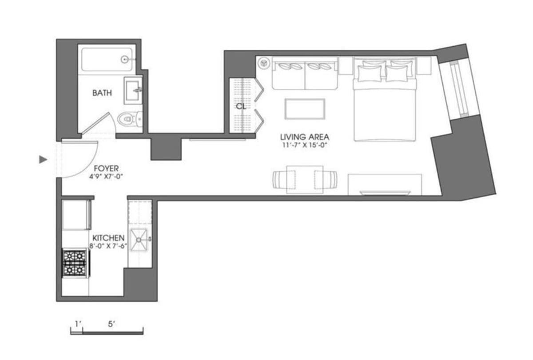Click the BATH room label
coord(102,93)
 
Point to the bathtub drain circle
coord(126,59)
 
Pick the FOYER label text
coord(106,169)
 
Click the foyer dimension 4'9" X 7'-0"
coord(106,176)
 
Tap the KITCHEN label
coord(108,238)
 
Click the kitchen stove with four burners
coord(75,263)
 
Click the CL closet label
coord(241,107)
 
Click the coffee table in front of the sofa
coord(305,109)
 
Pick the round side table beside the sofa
coord(264,64)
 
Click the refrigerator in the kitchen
coord(76,215)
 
